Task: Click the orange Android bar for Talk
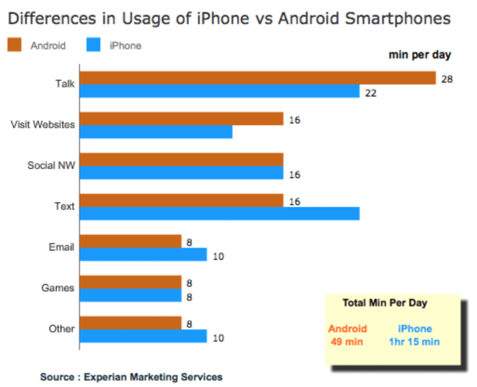258,78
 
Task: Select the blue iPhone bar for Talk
219,91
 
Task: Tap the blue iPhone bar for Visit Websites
156,132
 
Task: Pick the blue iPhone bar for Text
219,214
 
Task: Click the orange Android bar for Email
130,241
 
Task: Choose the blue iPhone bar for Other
143,336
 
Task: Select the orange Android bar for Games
130,282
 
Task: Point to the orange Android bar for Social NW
182,160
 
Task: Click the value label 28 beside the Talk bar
447,79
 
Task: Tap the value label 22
371,93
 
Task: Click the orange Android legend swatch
14,45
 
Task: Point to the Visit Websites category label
42,125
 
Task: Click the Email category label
61,247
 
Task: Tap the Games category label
58,288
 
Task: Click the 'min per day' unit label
420,55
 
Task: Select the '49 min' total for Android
348,342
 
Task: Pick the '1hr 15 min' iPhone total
415,342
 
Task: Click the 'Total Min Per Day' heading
385,303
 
